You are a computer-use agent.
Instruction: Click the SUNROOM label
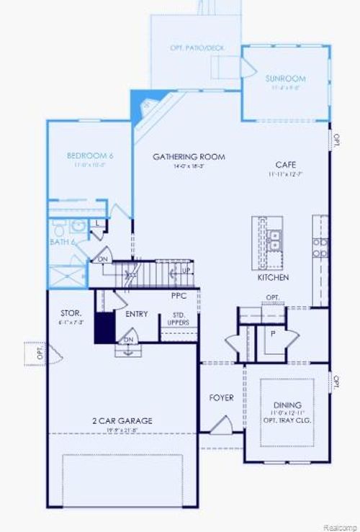click(x=285, y=78)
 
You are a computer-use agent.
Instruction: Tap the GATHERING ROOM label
click(x=189, y=156)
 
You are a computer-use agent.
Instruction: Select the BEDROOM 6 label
click(x=90, y=155)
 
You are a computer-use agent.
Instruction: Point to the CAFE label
click(x=287, y=164)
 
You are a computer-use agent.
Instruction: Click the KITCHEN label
click(x=273, y=277)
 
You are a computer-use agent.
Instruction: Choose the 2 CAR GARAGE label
click(x=122, y=420)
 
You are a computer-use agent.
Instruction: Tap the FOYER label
click(x=221, y=397)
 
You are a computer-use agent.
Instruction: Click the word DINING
click(x=287, y=405)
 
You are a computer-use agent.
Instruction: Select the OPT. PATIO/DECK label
click(x=197, y=48)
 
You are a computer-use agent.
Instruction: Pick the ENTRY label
click(x=137, y=315)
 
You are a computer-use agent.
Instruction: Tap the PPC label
click(x=179, y=295)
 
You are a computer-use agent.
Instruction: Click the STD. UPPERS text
click(x=179, y=318)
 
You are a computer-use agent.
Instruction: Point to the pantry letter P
click(x=273, y=333)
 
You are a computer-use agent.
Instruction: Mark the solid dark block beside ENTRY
click(x=105, y=328)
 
